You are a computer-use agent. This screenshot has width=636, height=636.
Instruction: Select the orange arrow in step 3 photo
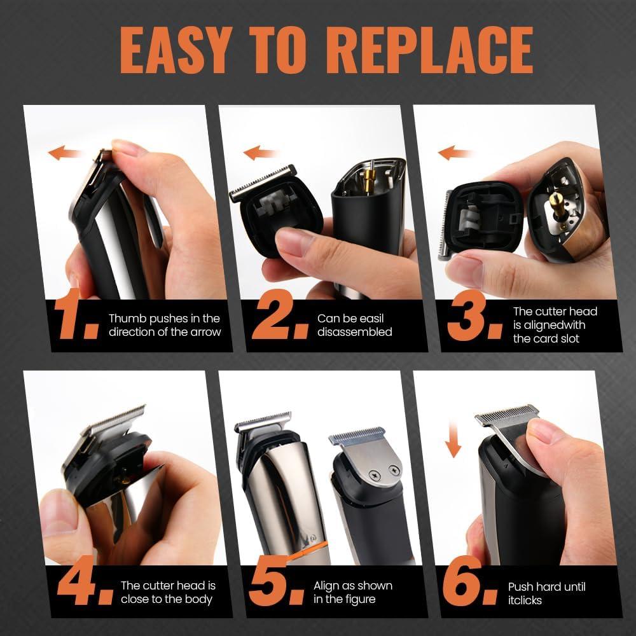pyautogui.click(x=455, y=153)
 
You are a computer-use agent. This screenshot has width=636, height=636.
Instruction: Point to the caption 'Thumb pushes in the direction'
pyautogui.click(x=164, y=325)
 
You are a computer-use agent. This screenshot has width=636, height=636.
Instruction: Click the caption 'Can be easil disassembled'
pyautogui.click(x=354, y=325)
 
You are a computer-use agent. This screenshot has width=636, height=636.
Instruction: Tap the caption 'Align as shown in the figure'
pyautogui.click(x=353, y=592)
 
